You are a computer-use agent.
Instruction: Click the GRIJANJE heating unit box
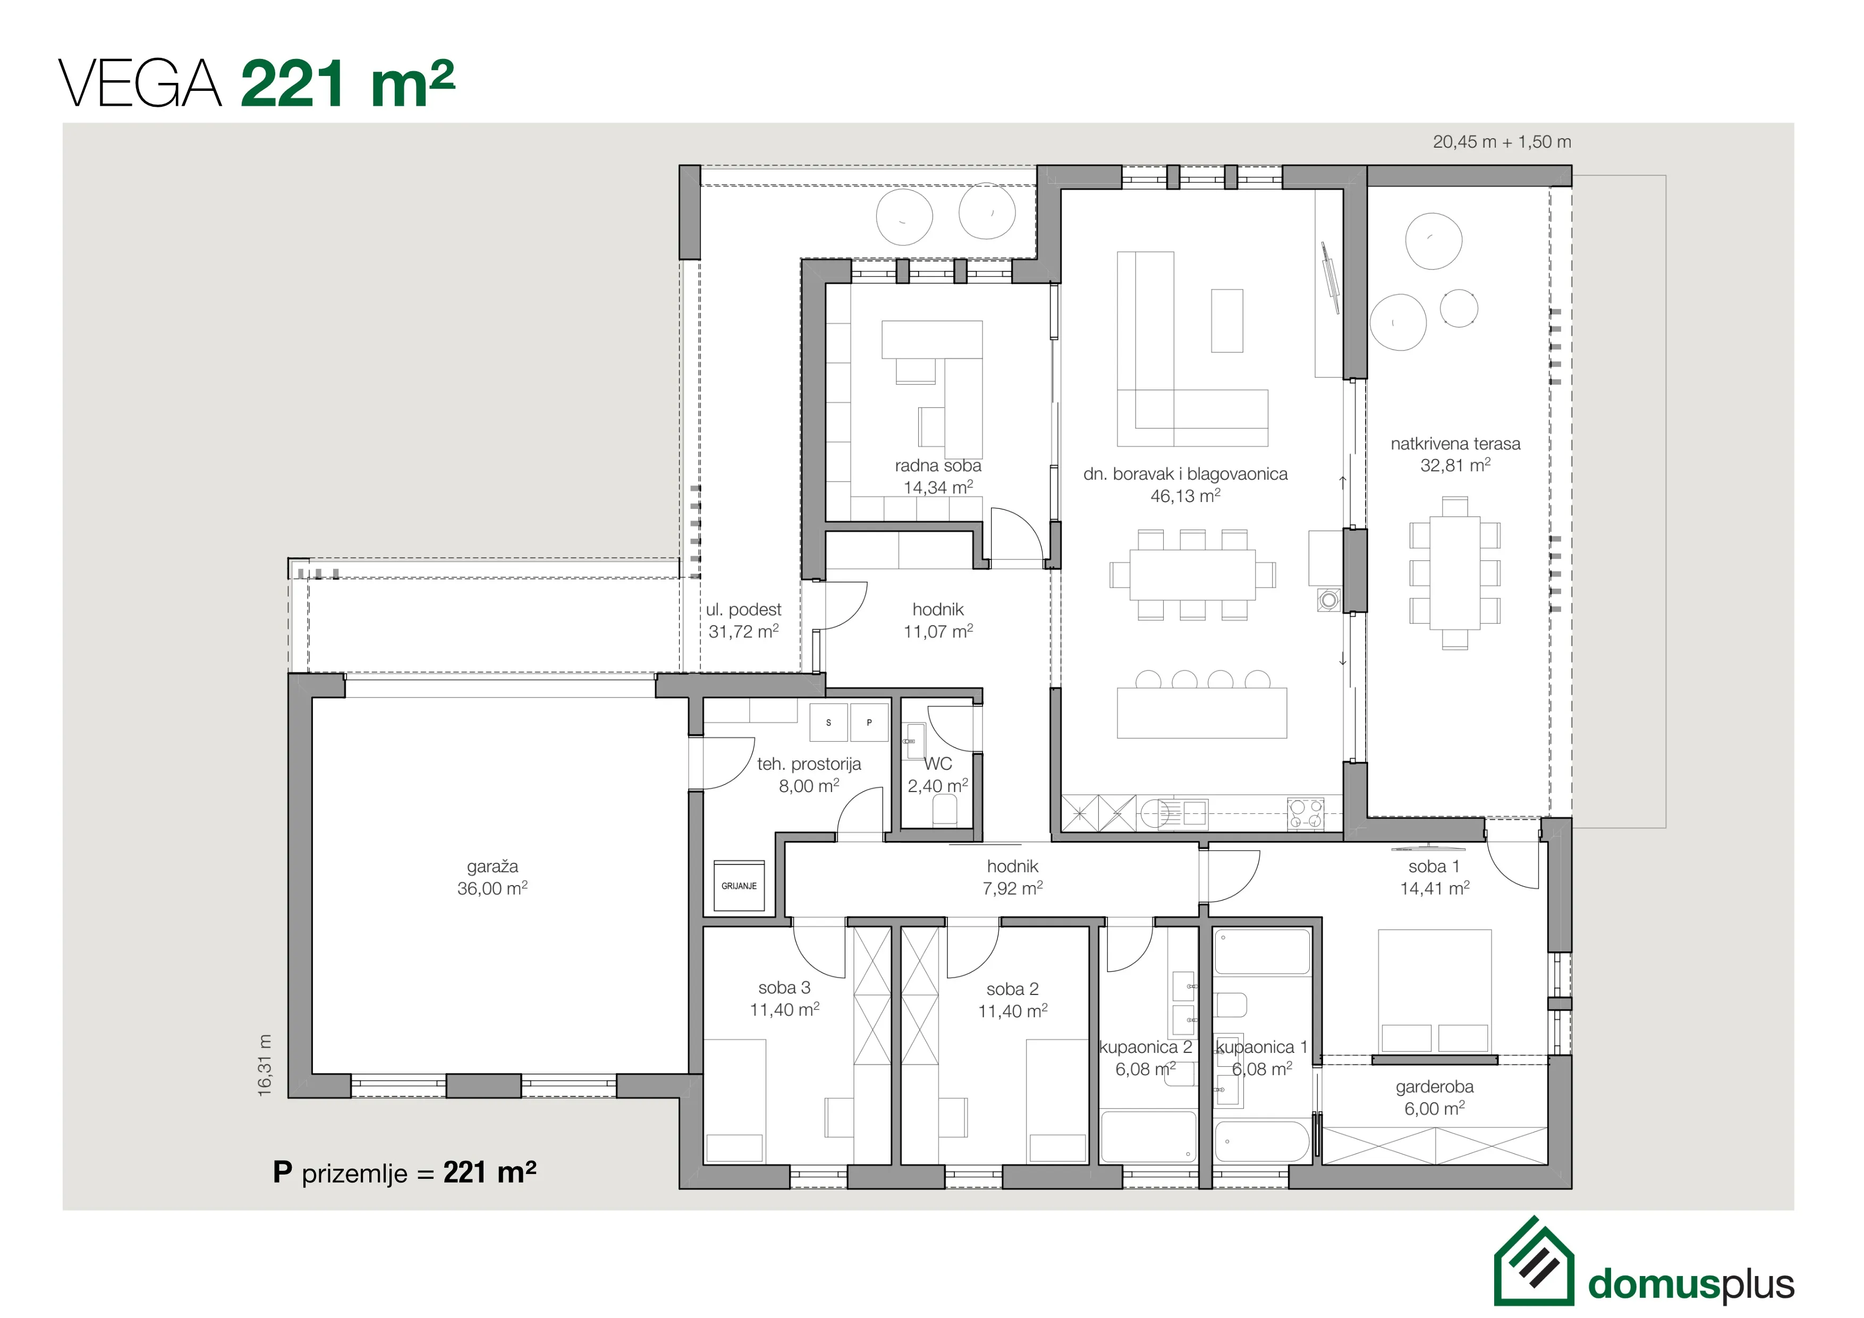coord(739,886)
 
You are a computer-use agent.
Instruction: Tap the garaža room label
coord(492,867)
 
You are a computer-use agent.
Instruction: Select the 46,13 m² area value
coord(1185,495)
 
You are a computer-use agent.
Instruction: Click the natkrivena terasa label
coord(1455,444)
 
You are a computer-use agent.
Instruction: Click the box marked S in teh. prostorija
coord(828,722)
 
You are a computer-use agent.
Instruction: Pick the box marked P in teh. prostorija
coord(869,722)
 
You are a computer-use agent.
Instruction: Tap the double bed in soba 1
coord(1435,992)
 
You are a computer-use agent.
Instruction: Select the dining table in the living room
coord(1192,575)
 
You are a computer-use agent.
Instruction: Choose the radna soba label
coord(938,466)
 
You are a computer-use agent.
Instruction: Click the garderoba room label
coord(1435,1087)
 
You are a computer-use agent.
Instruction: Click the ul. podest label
coord(744,609)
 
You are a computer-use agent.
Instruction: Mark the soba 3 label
coord(784,988)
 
